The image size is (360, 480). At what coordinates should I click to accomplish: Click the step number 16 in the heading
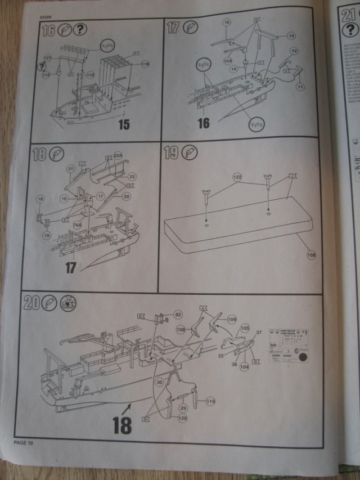[x=48, y=31]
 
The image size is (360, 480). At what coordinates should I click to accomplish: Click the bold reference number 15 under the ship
[x=124, y=123]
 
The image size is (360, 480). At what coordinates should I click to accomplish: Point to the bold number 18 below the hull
[x=121, y=425]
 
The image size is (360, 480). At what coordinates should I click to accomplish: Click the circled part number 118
[x=146, y=65]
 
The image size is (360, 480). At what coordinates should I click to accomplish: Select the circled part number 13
[x=291, y=36]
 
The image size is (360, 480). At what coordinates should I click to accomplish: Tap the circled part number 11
[x=300, y=86]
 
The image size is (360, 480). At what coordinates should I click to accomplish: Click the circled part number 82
[x=178, y=315]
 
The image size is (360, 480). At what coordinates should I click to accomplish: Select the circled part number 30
[x=159, y=383]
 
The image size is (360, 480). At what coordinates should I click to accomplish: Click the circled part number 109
[x=232, y=319]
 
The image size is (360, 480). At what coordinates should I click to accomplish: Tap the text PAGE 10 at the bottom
[x=24, y=443]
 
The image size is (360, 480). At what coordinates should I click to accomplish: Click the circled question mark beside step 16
[x=80, y=31]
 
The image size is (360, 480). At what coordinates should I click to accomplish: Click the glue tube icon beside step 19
[x=191, y=152]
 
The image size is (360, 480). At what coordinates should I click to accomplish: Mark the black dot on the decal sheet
[x=301, y=357]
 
